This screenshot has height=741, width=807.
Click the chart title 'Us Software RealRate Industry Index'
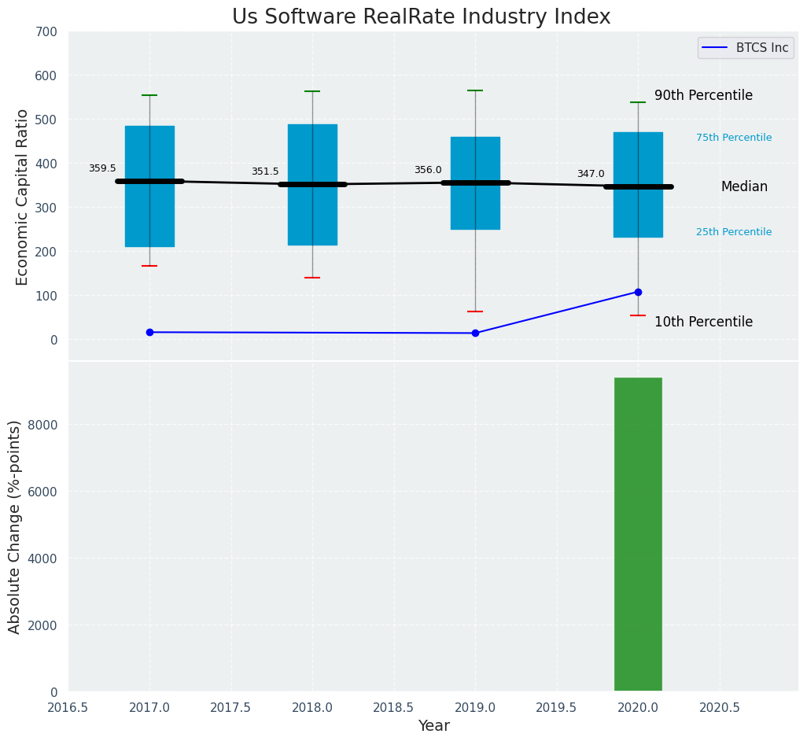421,17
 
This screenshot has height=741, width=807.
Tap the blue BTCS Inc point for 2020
638,292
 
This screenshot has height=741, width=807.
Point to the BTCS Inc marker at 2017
149,332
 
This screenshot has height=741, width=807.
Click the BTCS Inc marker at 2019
475,333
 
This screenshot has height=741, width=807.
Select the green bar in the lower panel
638,534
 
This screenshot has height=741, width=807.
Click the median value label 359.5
102,168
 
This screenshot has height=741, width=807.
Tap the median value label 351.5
265,171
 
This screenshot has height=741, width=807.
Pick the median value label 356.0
428,170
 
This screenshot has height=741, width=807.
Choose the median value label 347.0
591,174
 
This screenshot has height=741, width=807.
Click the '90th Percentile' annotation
703,96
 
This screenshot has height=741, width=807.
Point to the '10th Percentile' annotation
703,322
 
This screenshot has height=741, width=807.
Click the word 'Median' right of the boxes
744,186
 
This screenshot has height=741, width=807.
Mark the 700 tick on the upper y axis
46,31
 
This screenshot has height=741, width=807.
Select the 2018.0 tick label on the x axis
312,707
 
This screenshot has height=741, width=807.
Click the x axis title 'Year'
433,726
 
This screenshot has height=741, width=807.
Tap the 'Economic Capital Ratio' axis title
22,197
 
